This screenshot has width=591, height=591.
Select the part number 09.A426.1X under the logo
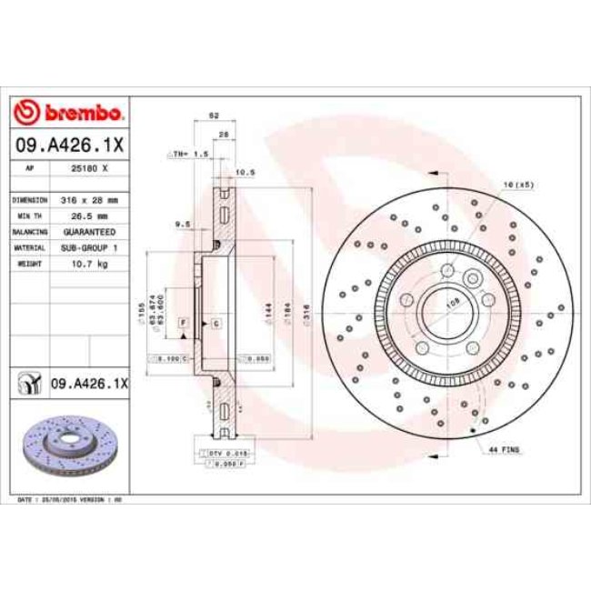point(69,145)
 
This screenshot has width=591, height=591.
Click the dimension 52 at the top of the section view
point(215,116)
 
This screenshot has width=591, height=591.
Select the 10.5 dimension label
point(244,171)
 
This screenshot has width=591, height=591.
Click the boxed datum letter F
point(183,323)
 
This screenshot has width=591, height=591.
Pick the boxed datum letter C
point(215,323)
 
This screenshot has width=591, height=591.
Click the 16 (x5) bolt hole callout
point(518,185)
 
